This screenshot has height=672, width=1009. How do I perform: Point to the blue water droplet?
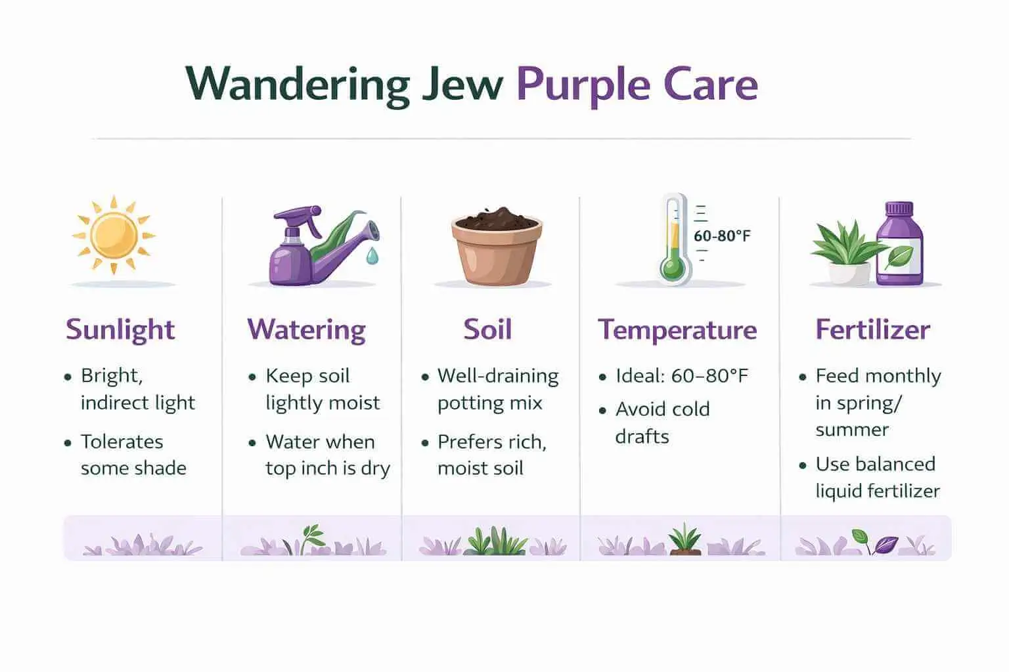[372, 257]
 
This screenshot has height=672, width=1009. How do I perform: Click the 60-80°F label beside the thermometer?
[722, 236]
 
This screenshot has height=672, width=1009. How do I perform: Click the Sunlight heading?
[120, 329]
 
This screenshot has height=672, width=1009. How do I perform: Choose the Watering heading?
[306, 329]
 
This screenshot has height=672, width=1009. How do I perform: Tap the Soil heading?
[487, 329]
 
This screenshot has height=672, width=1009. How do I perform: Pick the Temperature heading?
[677, 329]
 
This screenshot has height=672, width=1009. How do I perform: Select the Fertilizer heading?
[872, 329]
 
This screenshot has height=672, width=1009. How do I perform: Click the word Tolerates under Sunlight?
[122, 442]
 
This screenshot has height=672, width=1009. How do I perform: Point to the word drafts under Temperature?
[642, 436]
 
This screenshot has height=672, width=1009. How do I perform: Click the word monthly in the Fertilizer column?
[903, 376]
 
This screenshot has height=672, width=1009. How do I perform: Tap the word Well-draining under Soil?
[498, 376]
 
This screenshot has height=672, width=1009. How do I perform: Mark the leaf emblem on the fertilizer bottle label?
[898, 257]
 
